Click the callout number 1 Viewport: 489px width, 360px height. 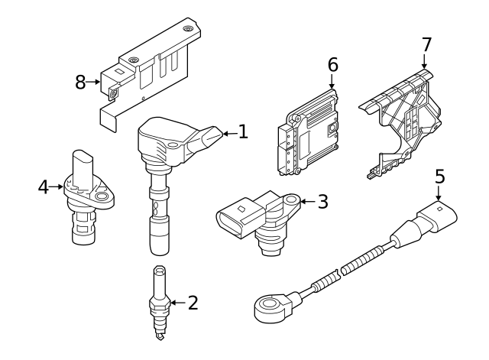click(x=243, y=132)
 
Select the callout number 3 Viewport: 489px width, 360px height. click(x=322, y=202)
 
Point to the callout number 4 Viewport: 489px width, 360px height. click(x=44, y=186)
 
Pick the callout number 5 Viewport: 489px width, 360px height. click(x=439, y=176)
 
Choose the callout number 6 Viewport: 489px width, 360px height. click(x=332, y=64)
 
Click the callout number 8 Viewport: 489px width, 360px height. click(x=80, y=82)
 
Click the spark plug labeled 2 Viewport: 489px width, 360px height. click(x=159, y=302)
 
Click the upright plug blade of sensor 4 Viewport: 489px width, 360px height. click(x=83, y=164)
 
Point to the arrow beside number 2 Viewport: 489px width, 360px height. click(x=177, y=303)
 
